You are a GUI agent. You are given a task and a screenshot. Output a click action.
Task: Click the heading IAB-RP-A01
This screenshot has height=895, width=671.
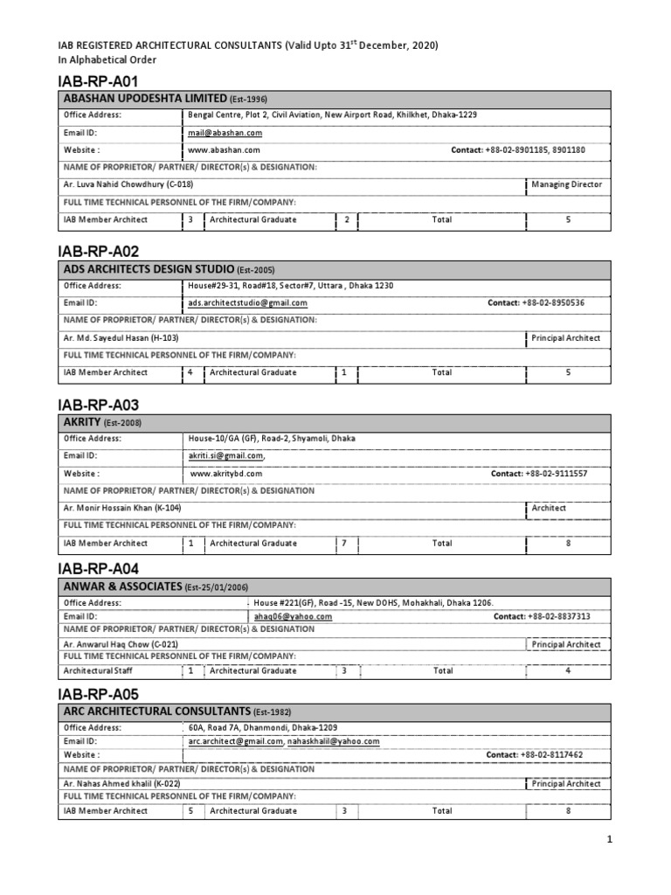click(x=98, y=81)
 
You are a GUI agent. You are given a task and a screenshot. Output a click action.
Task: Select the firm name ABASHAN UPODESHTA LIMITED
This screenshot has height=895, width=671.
click(x=141, y=99)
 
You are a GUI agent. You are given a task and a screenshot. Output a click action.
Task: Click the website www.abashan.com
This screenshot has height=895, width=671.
click(x=225, y=150)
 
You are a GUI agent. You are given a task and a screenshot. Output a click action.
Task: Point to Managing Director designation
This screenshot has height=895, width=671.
click(x=566, y=185)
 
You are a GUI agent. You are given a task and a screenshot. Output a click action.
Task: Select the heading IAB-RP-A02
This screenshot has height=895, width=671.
click(x=98, y=251)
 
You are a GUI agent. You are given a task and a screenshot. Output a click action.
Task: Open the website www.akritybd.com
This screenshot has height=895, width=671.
click(x=225, y=474)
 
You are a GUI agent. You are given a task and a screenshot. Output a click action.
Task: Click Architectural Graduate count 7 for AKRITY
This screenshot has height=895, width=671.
click(x=344, y=543)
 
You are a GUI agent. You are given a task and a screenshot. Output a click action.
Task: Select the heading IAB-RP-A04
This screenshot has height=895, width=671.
click(x=98, y=568)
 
